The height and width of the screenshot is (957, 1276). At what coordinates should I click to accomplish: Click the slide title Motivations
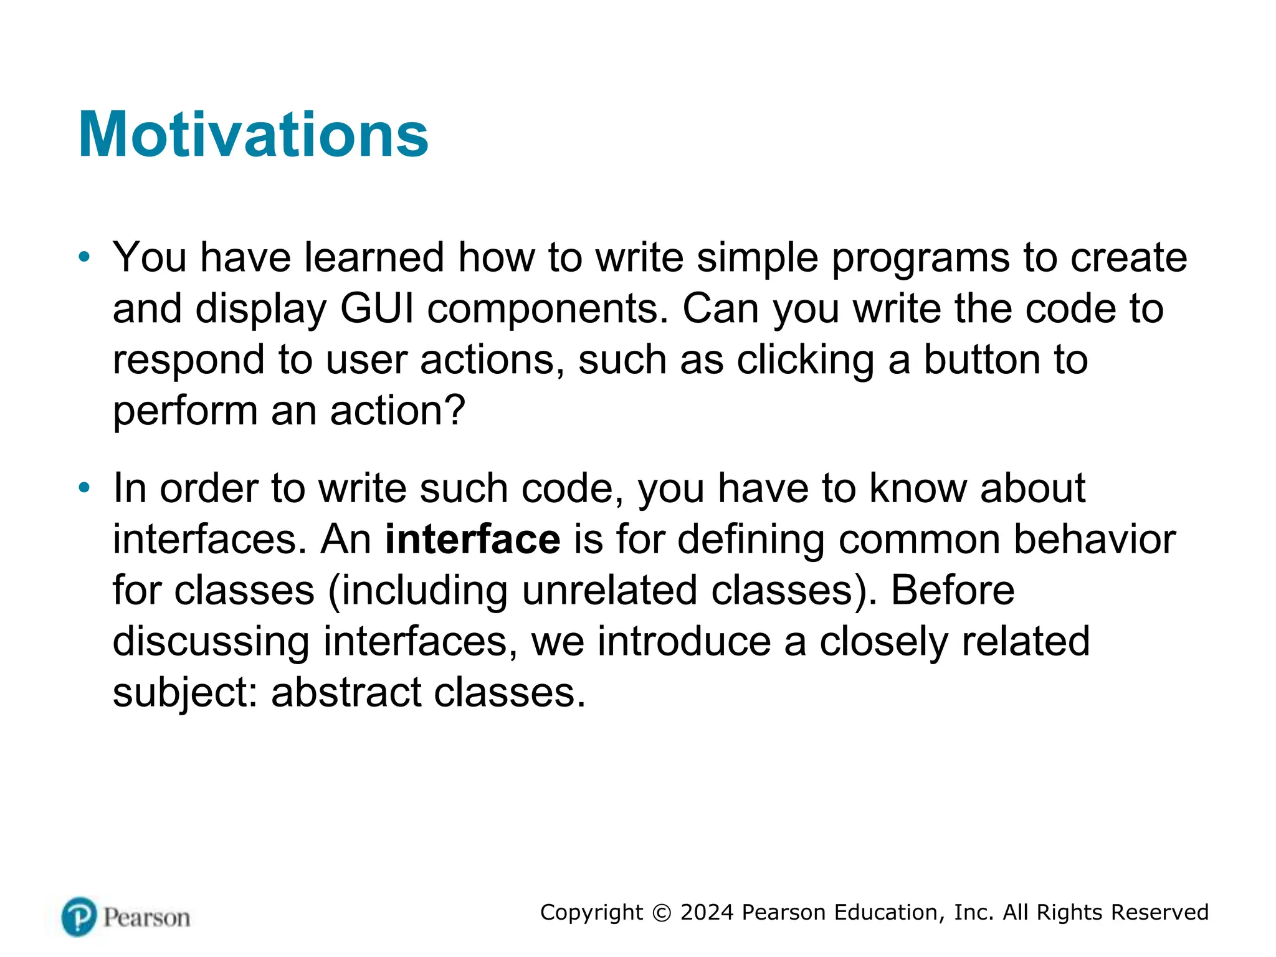click(x=253, y=135)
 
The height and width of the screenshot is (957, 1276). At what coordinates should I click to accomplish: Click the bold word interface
click(x=472, y=539)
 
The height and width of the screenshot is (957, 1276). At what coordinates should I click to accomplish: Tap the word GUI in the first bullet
click(x=377, y=308)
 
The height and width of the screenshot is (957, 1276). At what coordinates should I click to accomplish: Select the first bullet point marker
click(x=84, y=257)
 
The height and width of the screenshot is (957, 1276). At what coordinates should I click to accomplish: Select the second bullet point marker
click(x=84, y=487)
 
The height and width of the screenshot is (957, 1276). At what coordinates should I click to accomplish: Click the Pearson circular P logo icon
click(x=79, y=917)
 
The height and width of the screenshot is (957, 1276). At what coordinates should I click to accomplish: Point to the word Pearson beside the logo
click(x=146, y=918)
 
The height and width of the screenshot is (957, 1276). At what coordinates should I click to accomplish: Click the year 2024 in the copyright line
click(x=707, y=912)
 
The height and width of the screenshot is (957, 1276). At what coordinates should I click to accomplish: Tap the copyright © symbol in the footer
click(x=661, y=913)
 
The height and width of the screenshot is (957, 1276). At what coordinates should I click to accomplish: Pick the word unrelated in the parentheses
click(x=609, y=590)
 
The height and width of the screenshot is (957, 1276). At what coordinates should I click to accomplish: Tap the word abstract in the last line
click(x=346, y=692)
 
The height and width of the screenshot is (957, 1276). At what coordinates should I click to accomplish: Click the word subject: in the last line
click(x=185, y=693)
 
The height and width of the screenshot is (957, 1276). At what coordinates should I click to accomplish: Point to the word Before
click(x=952, y=590)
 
